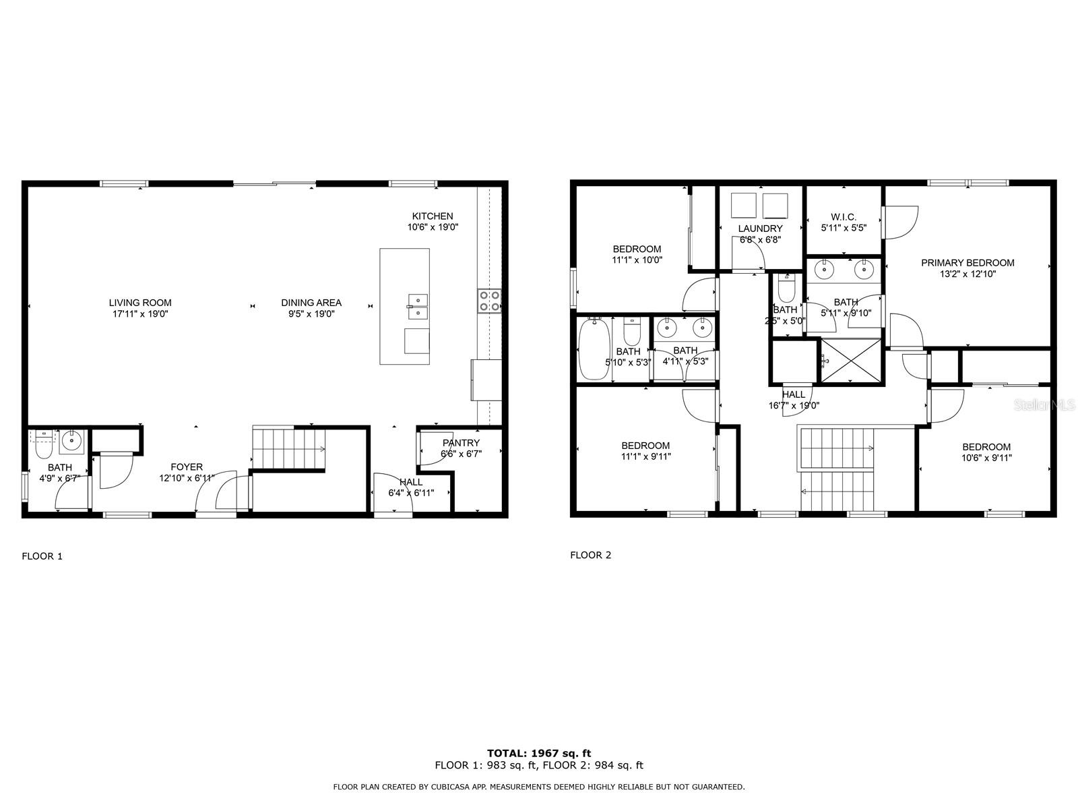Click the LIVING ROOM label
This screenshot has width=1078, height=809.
coord(140,303)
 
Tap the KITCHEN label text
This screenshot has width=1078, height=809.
coord(432,216)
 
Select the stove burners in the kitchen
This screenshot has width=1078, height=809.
coord(490,301)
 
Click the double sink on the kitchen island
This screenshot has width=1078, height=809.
coord(418,307)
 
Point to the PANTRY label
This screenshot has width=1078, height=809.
coord(461,443)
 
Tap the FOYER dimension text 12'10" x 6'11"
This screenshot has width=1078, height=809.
coord(187,477)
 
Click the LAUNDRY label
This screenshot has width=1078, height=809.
coord(760,229)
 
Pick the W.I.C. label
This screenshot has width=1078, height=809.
coord(844,217)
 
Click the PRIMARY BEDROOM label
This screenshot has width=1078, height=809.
coord(968,263)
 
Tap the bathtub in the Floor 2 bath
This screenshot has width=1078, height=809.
coord(594,349)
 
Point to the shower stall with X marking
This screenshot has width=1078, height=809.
coord(851,361)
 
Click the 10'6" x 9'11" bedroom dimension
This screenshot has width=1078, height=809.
coord(986,458)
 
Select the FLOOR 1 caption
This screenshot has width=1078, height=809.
coord(42,556)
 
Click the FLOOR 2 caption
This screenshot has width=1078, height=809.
coord(590,555)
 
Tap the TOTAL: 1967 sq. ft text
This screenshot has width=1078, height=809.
coord(539,753)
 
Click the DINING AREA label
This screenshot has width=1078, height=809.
coord(311,303)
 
